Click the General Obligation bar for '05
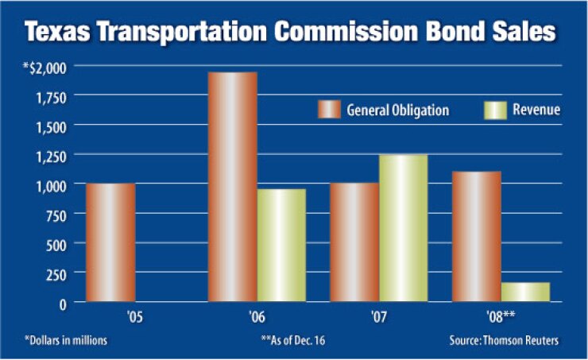coord(110,242)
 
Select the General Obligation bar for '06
coord(232,187)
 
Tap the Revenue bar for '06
coord(281,246)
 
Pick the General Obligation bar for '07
coord(354,242)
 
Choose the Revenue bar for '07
coord(403,228)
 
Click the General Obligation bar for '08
coord(476,237)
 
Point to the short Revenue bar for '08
coord(525,292)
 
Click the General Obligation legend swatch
coord(329,110)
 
